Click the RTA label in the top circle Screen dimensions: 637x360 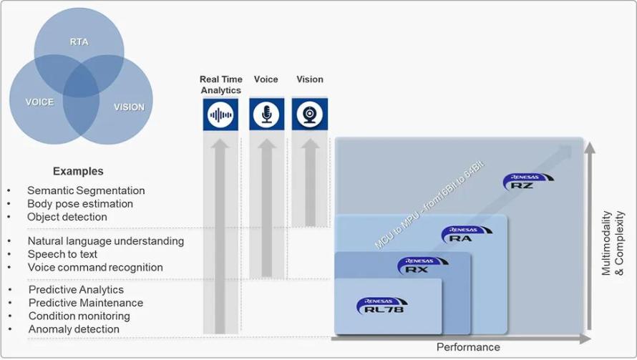click(x=79, y=42)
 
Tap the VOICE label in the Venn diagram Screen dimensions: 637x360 click(x=39, y=102)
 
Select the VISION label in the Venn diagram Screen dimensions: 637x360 click(x=129, y=107)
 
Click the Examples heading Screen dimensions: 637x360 click(x=78, y=171)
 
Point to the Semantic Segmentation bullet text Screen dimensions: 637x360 click(x=86, y=190)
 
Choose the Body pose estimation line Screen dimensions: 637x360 click(x=80, y=203)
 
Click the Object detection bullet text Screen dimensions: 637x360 click(x=67, y=217)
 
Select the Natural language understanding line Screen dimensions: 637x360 click(x=106, y=241)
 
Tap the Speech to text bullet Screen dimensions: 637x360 click(x=62, y=254)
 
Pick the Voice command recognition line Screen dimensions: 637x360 click(x=95, y=268)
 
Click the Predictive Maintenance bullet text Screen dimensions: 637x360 click(x=86, y=303)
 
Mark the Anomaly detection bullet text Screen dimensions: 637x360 click(x=74, y=329)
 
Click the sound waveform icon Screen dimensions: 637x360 click(x=220, y=115)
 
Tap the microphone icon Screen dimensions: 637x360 click(x=266, y=115)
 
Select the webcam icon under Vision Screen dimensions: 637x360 click(x=310, y=115)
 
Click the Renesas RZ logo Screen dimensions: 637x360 click(x=528, y=182)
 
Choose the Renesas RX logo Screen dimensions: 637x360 click(x=422, y=266)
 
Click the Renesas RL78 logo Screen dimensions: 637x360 click(x=382, y=306)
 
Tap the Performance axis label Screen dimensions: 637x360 click(x=468, y=347)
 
